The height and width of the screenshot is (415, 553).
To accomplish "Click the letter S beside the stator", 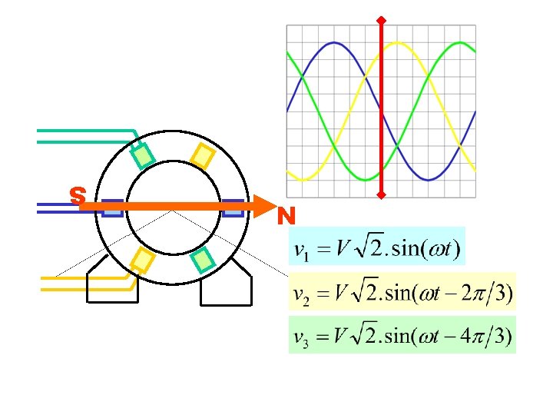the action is pos(77,196).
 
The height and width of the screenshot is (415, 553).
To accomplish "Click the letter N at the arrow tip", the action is pos(287,216).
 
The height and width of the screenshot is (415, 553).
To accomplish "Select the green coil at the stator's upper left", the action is pos(143,156).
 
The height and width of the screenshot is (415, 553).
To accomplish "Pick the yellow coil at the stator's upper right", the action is pos(202,156).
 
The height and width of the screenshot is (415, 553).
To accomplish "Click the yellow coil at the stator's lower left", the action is pos(143,261).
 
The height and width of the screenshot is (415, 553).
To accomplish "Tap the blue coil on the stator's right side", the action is pos(233,208).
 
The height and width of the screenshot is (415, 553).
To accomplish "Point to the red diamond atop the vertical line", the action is pos(381,18).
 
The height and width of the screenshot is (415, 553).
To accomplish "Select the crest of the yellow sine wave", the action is pos(397,43).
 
